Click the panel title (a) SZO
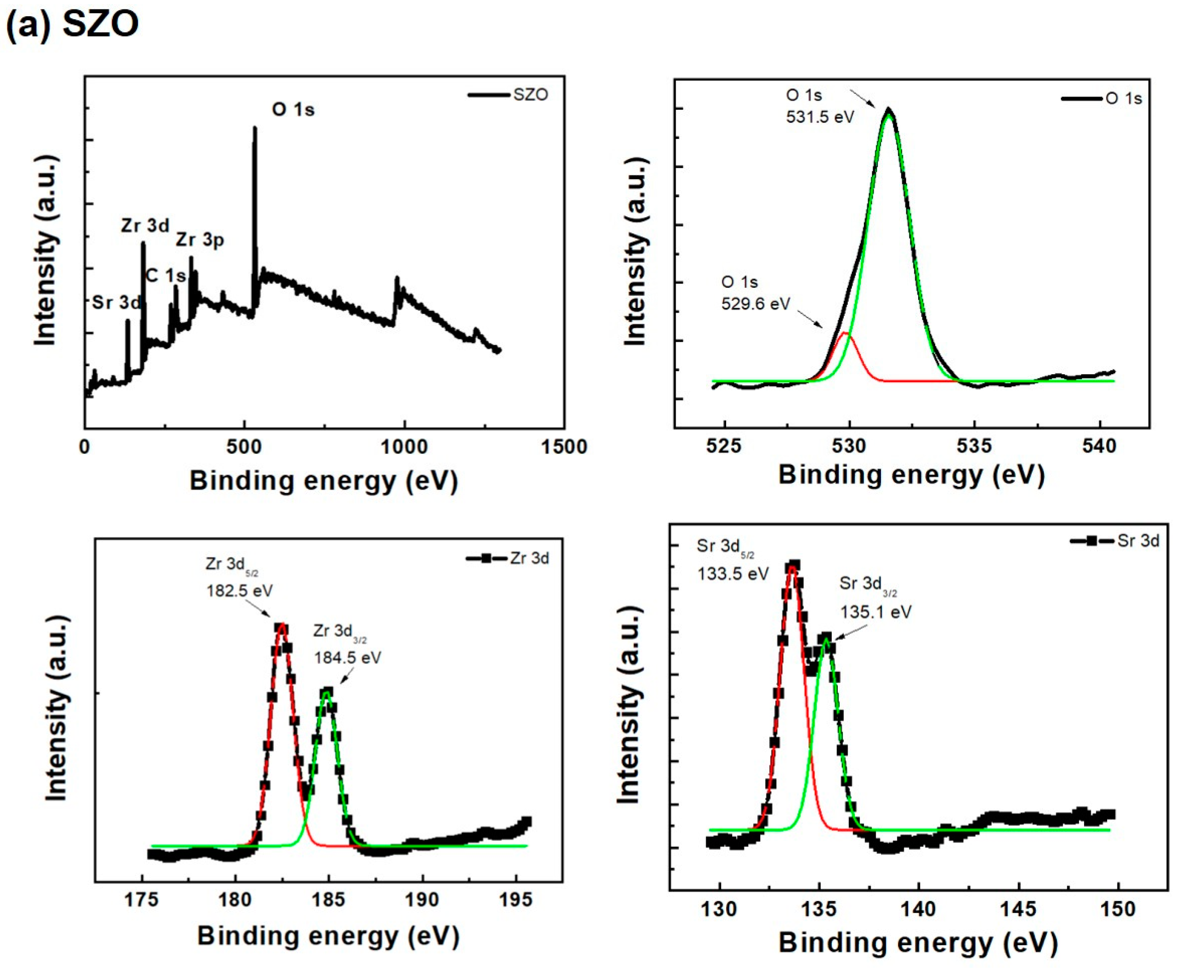pos(73,25)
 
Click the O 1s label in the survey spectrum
pos(293,109)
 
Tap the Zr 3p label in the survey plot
pos(200,240)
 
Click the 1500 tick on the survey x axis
pos(564,447)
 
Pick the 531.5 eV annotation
pos(820,117)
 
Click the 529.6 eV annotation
pos(756,304)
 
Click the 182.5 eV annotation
pos(239,591)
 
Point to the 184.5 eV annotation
pos(347,658)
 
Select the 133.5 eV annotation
pos(733,573)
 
